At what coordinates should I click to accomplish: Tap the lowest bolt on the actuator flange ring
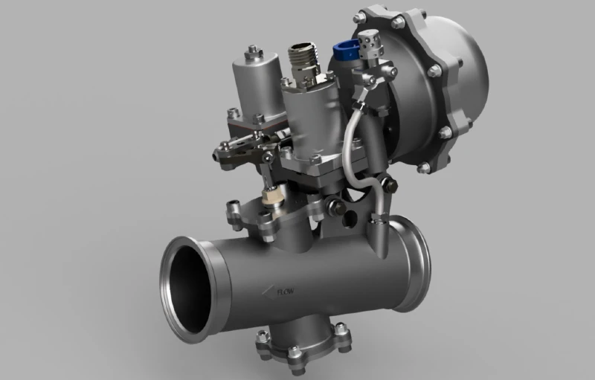425,167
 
